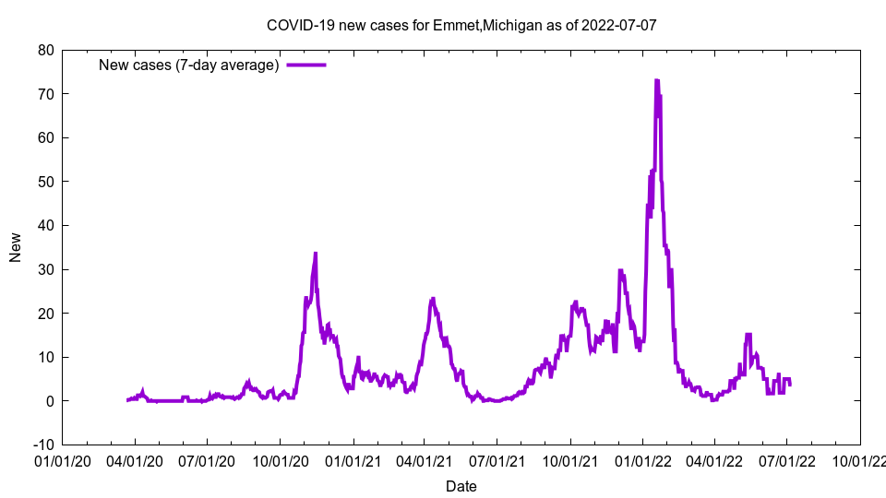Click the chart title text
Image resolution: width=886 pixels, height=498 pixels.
461,25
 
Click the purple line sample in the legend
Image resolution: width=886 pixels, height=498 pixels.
305,65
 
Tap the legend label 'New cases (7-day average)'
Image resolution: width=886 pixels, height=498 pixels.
189,65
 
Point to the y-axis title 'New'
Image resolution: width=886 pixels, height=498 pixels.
16,247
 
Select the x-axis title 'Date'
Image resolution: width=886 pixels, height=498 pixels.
461,486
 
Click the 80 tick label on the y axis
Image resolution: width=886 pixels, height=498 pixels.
45,50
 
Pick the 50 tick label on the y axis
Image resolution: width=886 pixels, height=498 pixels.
45,182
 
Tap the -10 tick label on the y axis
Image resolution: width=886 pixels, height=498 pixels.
42,445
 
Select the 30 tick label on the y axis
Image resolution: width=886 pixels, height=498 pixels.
45,269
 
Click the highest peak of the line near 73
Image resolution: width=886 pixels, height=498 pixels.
656,81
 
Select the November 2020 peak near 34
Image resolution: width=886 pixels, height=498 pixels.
315,253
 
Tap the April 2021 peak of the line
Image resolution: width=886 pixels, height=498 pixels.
433,299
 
